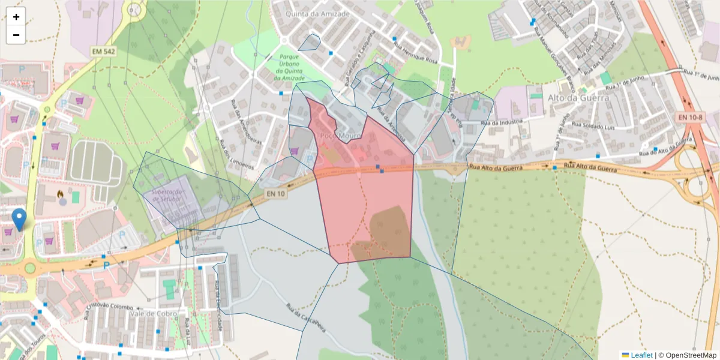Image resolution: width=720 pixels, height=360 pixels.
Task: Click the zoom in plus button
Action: (16, 17)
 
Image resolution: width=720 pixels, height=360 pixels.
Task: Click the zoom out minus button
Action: (16, 35)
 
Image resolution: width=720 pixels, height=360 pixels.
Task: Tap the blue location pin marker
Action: (20, 219)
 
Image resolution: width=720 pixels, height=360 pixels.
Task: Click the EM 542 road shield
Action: (103, 52)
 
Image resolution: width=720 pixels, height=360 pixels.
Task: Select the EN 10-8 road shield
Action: (689, 117)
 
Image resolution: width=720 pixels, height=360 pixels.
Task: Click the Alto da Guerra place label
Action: (578, 98)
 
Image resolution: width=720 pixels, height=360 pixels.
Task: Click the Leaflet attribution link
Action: (641, 355)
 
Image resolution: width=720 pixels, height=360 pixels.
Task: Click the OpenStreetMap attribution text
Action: (690, 355)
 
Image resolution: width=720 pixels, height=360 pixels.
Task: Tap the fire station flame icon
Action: (61, 194)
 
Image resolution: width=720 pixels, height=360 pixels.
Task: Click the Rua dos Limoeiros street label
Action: (241, 158)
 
